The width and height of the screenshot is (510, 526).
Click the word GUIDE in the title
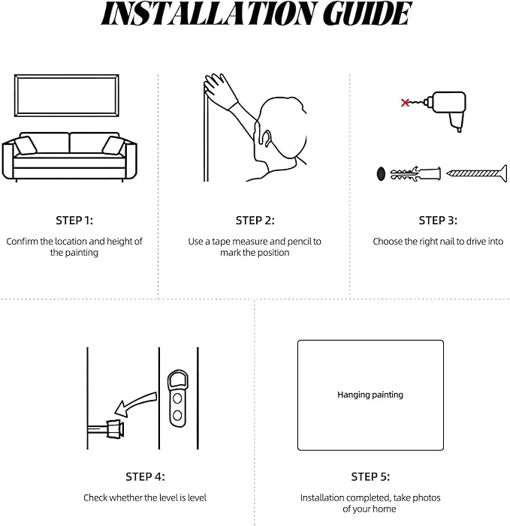tap(367, 14)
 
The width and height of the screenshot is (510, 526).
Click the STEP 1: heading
tap(74, 221)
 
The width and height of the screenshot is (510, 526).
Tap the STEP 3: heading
tap(438, 221)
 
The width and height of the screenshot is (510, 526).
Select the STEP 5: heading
tap(370, 476)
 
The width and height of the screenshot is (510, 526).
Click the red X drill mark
tap(406, 102)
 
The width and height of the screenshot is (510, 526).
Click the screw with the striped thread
tap(477, 173)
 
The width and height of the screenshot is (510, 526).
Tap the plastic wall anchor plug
tap(415, 173)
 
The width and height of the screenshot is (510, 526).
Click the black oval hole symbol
tap(381, 174)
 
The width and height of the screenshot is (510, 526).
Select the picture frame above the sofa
tap(67, 77)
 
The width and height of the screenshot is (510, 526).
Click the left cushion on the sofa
tap(26, 146)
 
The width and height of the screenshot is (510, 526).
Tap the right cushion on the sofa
tap(113, 146)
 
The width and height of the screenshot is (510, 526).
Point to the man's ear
tap(266, 138)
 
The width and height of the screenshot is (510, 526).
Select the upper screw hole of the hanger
tap(177, 398)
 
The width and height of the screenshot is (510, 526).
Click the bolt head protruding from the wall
tap(115, 429)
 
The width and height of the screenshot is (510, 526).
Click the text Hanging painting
tap(370, 395)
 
